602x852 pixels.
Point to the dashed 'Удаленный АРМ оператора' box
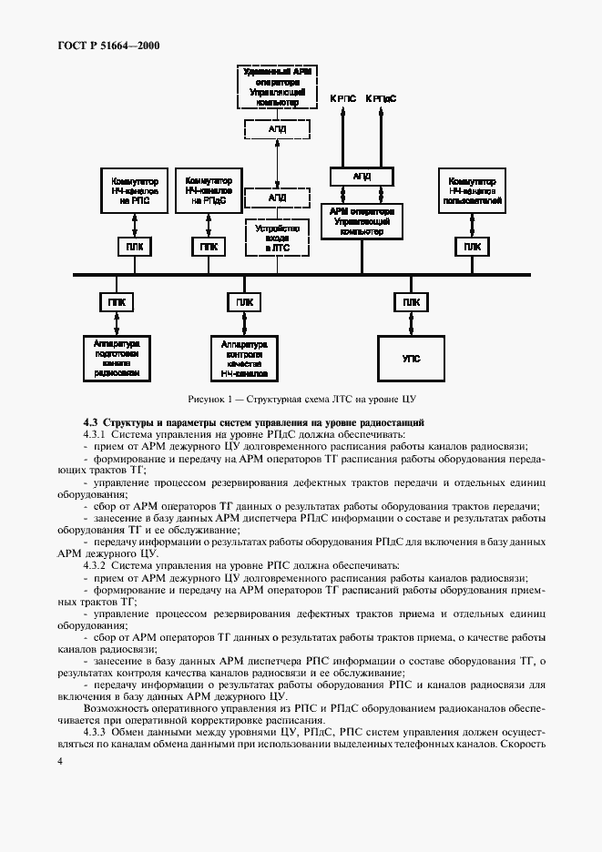(x=277, y=87)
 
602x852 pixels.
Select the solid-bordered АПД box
(x=362, y=177)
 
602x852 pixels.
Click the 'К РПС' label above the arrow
(x=342, y=98)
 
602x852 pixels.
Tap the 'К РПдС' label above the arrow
(x=381, y=98)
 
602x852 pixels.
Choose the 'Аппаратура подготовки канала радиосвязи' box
(x=117, y=358)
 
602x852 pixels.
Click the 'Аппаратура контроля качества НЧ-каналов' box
(x=243, y=358)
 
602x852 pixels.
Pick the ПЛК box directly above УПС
(x=412, y=302)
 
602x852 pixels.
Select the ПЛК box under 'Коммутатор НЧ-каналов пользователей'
(x=471, y=247)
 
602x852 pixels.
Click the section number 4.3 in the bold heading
(x=90, y=422)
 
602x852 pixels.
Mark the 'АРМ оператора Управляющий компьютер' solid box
(x=362, y=221)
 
